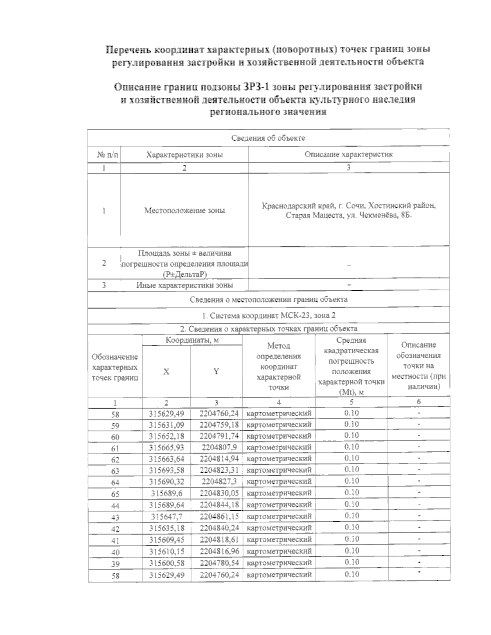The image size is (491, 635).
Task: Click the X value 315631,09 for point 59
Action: click(167, 425)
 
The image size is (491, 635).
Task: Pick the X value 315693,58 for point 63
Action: click(167, 471)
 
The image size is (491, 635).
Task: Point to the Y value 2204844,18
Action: click(219, 505)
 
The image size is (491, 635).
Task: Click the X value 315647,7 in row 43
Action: click(167, 516)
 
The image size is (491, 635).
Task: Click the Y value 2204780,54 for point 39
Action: click(219, 563)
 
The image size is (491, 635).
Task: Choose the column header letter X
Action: click(166, 372)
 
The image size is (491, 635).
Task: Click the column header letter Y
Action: click(216, 371)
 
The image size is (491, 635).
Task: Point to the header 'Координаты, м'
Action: click(192, 340)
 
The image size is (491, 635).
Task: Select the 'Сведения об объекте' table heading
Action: click(268, 138)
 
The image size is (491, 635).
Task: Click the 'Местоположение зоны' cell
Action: click(184, 211)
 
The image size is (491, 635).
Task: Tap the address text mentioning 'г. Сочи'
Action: click(349, 206)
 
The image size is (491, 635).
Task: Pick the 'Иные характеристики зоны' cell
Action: click(184, 285)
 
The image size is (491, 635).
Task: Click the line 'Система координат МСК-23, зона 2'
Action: click(269, 315)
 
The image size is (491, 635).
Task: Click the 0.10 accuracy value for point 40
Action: click(351, 551)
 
